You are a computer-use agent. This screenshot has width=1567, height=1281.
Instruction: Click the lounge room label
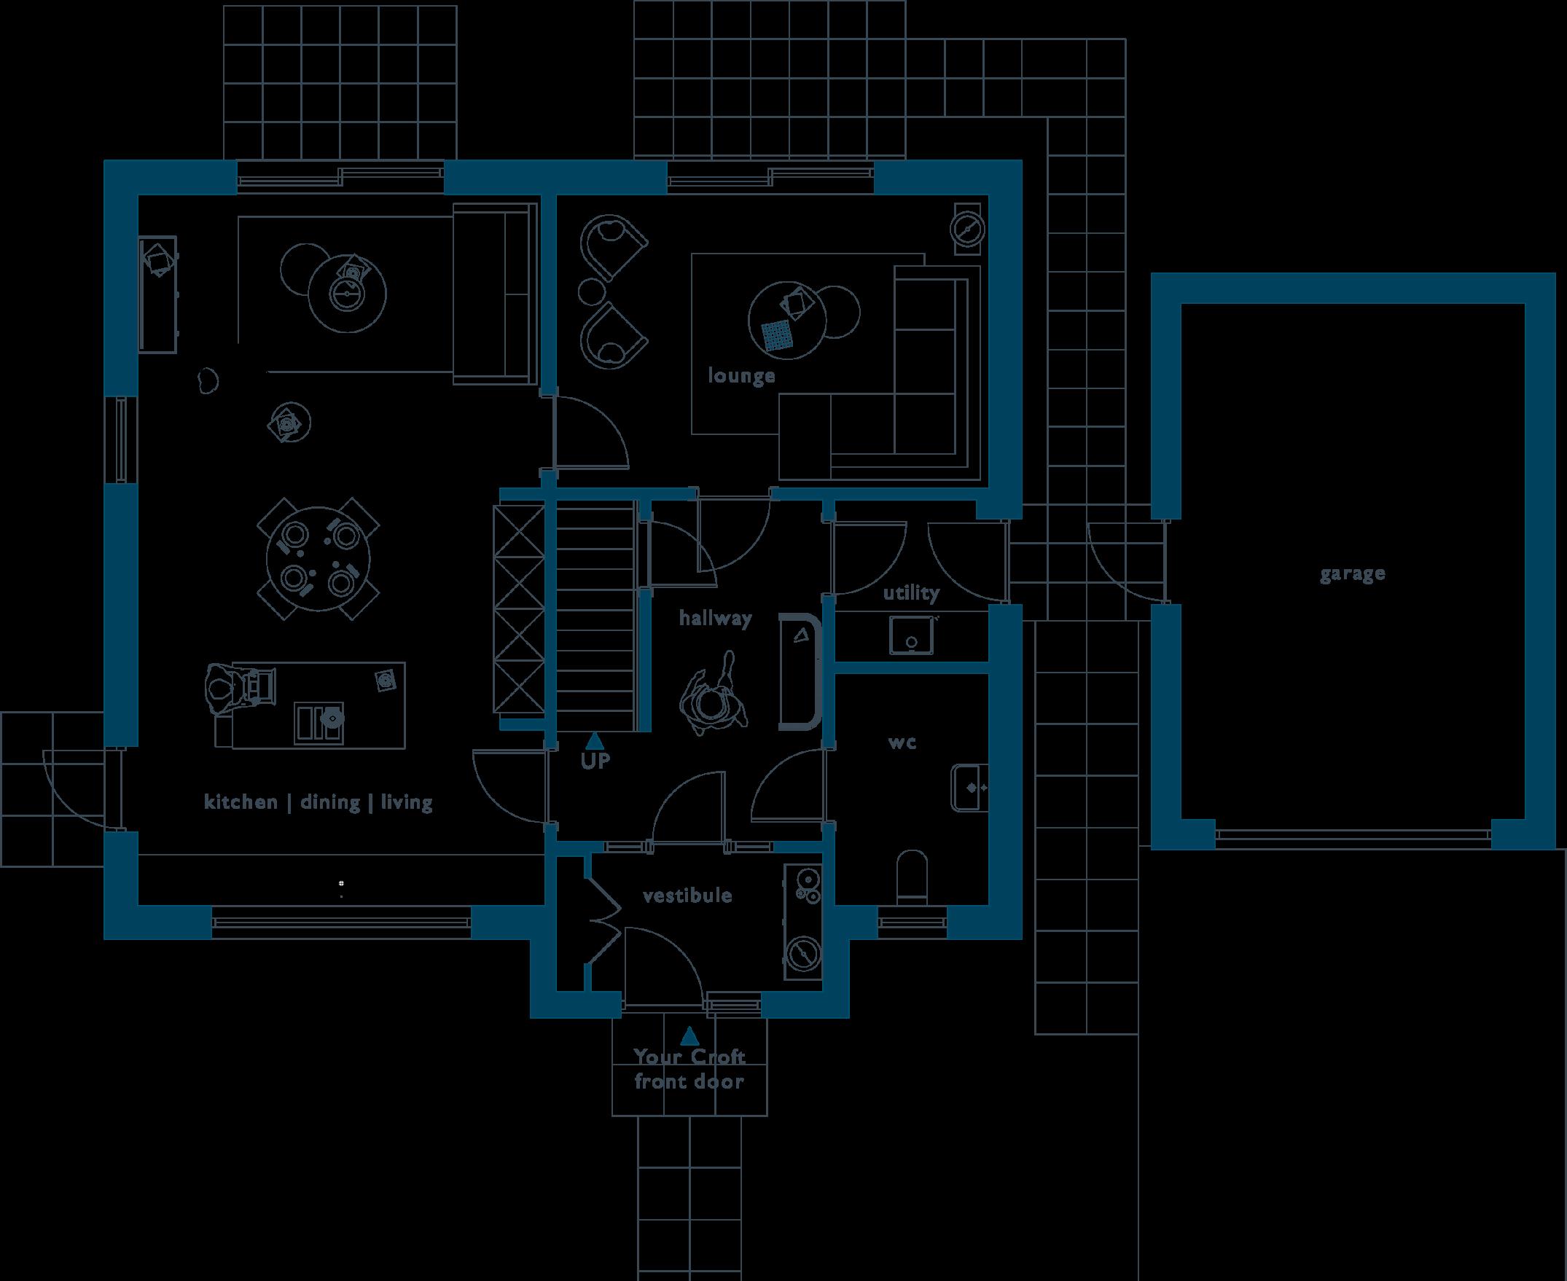[741, 375]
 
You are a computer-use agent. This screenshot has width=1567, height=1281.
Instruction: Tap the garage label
[1352, 573]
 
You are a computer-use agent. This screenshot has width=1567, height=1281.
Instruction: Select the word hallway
[714, 619]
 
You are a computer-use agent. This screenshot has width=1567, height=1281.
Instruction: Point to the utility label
[911, 592]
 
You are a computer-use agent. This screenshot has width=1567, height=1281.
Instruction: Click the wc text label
[902, 743]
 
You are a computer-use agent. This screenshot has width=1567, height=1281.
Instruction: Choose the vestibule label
[687, 896]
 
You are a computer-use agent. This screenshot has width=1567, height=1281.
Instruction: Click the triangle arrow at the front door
[689, 1037]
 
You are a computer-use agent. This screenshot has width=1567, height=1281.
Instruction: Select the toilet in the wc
[913, 876]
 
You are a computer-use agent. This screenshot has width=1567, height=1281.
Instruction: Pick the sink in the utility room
[913, 635]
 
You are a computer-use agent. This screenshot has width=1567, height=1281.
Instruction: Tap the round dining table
[318, 547]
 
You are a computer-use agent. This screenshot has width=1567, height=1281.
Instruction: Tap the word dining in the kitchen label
[330, 802]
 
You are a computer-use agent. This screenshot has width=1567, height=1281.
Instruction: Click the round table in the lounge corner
[966, 228]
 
